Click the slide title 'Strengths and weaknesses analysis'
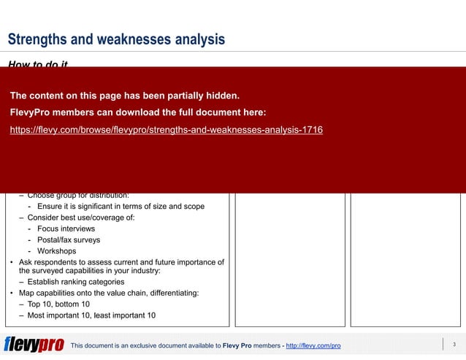(116, 39)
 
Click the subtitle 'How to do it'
(38, 65)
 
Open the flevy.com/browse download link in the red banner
(167, 130)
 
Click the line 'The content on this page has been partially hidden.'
(125, 96)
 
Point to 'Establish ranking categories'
(76, 282)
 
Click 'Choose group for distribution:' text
(78, 195)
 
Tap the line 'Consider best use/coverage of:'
(80, 218)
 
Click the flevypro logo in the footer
(34, 345)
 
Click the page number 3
(454, 345)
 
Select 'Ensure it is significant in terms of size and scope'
(121, 206)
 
